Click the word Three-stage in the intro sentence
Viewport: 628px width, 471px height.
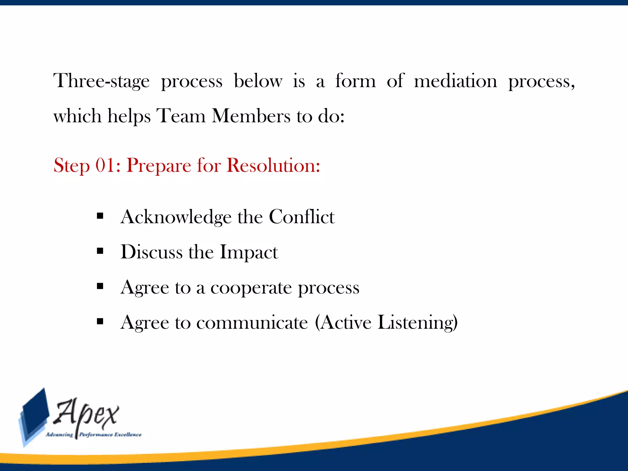(x=101, y=81)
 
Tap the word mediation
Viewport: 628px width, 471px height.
(x=455, y=81)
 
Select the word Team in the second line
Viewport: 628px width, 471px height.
(x=181, y=116)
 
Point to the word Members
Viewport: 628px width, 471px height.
(x=251, y=116)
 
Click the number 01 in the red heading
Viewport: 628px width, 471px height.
(x=106, y=166)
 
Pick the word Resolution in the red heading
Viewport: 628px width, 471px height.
(x=273, y=166)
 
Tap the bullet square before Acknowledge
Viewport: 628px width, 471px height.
(x=100, y=216)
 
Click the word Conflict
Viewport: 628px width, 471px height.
(x=302, y=217)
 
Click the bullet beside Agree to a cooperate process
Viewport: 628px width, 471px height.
(x=100, y=286)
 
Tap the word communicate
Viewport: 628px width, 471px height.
(x=252, y=323)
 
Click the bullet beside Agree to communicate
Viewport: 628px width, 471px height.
(x=100, y=321)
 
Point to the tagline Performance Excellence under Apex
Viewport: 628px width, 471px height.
(x=110, y=435)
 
